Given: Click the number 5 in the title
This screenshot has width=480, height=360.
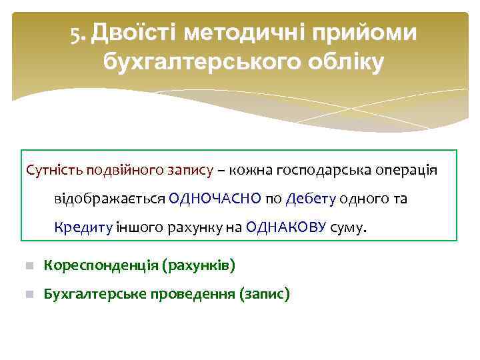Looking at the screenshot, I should pos(76,33).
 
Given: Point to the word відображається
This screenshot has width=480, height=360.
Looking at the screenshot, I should pos(109,199).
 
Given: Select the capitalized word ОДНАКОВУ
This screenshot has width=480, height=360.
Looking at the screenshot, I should pos(286,227).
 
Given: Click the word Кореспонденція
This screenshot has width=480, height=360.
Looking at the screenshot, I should pos(101,266).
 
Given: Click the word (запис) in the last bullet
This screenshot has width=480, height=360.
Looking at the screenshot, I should pos(265,294).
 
